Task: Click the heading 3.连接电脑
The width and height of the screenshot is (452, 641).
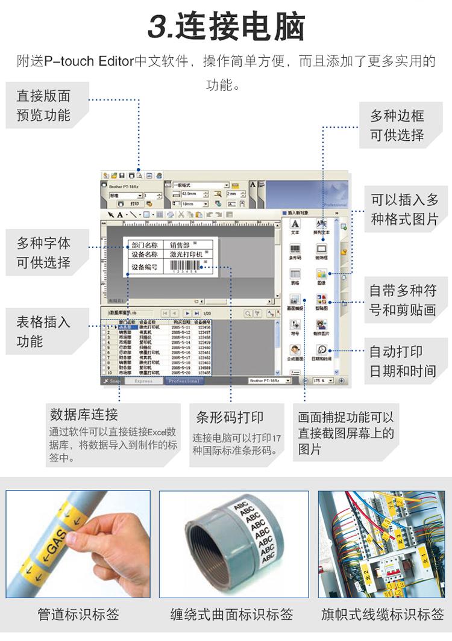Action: [x=226, y=27]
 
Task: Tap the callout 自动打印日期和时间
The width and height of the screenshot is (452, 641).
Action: [x=402, y=361]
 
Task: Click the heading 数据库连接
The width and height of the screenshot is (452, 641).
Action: [x=84, y=415]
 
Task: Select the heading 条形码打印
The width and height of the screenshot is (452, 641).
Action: [x=230, y=417]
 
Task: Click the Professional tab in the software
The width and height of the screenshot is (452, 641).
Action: [x=184, y=381]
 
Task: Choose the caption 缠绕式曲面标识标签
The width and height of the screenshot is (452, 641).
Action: [x=231, y=615]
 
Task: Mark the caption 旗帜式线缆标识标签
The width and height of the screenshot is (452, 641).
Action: [x=382, y=615]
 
